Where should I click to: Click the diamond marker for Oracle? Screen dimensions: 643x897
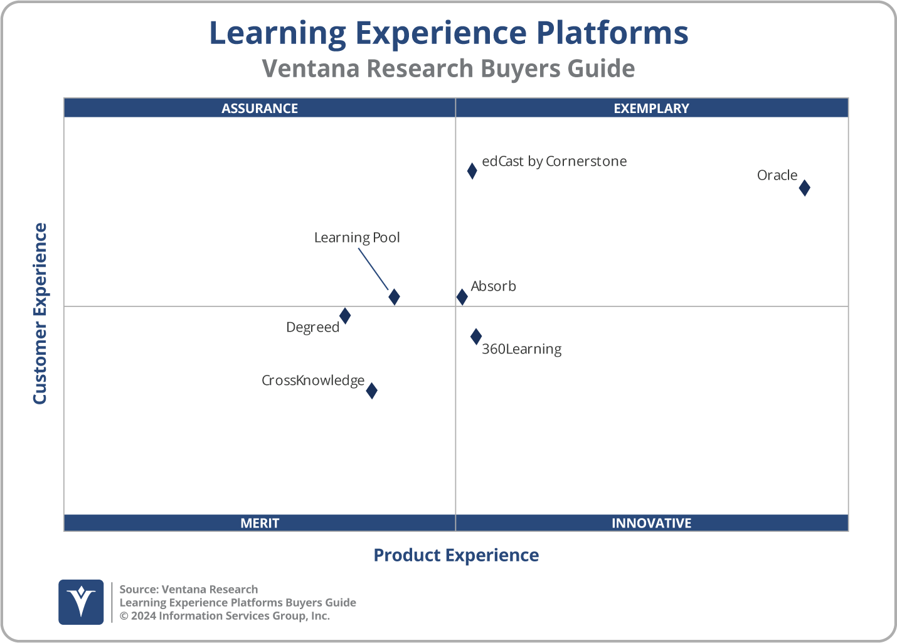point(804,188)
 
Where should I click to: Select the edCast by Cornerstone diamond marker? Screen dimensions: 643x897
point(472,171)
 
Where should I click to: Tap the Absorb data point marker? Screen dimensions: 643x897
point(462,297)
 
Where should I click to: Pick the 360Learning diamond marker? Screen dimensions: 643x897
point(476,337)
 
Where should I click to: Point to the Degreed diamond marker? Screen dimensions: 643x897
point(345,316)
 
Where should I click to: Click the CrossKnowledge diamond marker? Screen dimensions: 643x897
point(371,391)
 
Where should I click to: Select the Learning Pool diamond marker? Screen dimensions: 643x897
point(394,297)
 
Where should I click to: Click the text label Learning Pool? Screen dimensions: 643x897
point(356,238)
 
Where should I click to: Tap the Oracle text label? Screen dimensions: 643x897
point(777,176)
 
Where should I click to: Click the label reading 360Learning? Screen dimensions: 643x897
point(521,349)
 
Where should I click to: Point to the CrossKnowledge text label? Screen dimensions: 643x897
point(312,381)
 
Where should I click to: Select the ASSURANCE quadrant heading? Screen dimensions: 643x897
point(260,109)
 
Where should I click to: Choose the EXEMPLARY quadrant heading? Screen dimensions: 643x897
point(651,109)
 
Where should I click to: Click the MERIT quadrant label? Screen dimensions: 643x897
point(260,523)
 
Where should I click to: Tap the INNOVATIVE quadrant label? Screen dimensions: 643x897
point(651,523)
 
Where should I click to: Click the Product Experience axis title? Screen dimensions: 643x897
point(456,555)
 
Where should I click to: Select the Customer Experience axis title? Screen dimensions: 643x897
point(40,313)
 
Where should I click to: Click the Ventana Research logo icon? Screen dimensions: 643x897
point(81,602)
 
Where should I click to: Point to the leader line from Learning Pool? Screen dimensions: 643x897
point(373,269)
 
